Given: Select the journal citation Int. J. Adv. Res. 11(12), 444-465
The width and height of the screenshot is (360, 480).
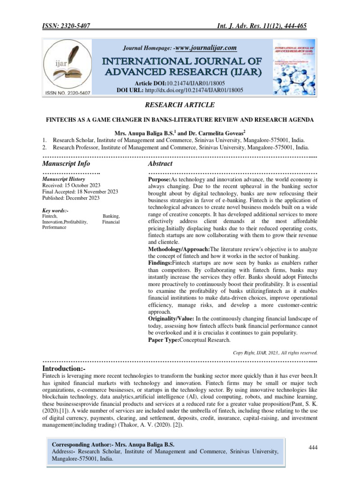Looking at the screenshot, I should tap(266, 27).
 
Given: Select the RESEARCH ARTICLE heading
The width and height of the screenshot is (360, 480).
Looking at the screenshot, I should tap(180, 105).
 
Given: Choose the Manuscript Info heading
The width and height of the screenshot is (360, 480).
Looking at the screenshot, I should tap(66, 164).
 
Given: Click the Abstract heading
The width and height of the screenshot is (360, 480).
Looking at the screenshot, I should tap(160, 164).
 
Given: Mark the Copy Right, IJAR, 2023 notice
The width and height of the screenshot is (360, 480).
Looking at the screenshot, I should tap(275, 352).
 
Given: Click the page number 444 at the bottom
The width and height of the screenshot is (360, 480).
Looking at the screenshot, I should tap(313, 448).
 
